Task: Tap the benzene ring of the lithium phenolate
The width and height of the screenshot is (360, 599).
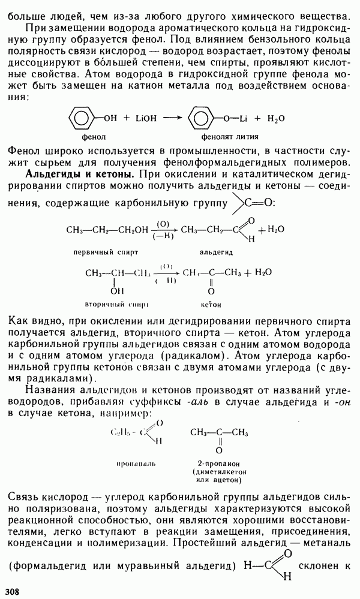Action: point(199,118)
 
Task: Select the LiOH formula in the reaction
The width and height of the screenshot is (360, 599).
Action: point(144,119)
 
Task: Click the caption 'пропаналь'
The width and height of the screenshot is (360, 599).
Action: point(133,463)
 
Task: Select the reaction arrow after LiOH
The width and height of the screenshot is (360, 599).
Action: point(173,119)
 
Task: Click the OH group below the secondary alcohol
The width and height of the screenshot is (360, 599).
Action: point(114,290)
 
